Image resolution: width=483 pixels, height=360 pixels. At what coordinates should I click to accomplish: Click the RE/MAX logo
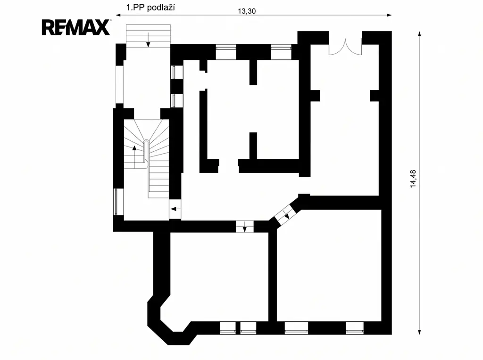(76, 27)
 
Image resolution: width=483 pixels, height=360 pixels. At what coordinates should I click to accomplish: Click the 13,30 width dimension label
(247, 11)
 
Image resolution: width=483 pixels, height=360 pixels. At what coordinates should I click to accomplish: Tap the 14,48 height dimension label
(413, 179)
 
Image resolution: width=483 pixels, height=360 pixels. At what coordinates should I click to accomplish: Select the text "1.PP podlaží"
(150, 7)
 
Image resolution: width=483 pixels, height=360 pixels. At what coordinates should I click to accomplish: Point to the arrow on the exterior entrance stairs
(148, 40)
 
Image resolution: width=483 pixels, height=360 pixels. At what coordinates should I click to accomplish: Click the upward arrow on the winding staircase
(134, 157)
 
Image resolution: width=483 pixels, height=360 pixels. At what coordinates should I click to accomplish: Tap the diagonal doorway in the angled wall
(285, 214)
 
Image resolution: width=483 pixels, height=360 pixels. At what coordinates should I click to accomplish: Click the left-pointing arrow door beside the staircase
(175, 209)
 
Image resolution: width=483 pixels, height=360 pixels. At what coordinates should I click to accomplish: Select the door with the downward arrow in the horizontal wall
(245, 227)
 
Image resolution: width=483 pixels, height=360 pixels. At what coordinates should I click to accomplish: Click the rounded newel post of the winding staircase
(147, 152)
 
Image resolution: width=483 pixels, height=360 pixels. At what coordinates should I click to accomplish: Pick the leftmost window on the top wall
(226, 52)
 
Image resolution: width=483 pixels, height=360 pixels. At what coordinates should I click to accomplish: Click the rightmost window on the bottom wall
(355, 327)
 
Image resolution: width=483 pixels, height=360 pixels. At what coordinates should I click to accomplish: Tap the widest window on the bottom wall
(296, 327)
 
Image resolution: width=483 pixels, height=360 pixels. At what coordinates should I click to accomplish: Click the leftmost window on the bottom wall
(228, 327)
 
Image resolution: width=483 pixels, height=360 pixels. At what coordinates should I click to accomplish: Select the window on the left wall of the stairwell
(118, 202)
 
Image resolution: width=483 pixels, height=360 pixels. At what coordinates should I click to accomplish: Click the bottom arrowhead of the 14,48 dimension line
(419, 332)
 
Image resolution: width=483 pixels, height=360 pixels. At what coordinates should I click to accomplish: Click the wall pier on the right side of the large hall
(374, 96)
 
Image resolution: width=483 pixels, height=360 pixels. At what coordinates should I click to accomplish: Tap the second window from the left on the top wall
(281, 52)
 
